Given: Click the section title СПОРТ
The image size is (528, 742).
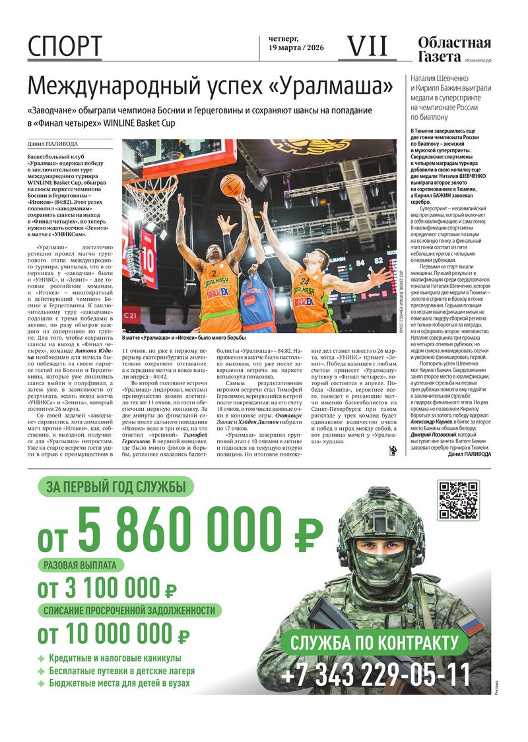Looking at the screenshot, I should tap(65, 47).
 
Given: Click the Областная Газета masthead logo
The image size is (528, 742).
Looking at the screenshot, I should tap(454, 49).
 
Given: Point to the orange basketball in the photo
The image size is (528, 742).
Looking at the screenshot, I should tap(231, 185).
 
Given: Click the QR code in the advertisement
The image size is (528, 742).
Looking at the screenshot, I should tap(458, 501).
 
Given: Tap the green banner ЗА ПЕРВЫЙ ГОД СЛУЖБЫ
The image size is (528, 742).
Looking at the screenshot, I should tap(106, 487).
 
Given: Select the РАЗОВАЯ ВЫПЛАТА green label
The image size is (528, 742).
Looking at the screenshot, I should tap(80, 565).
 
